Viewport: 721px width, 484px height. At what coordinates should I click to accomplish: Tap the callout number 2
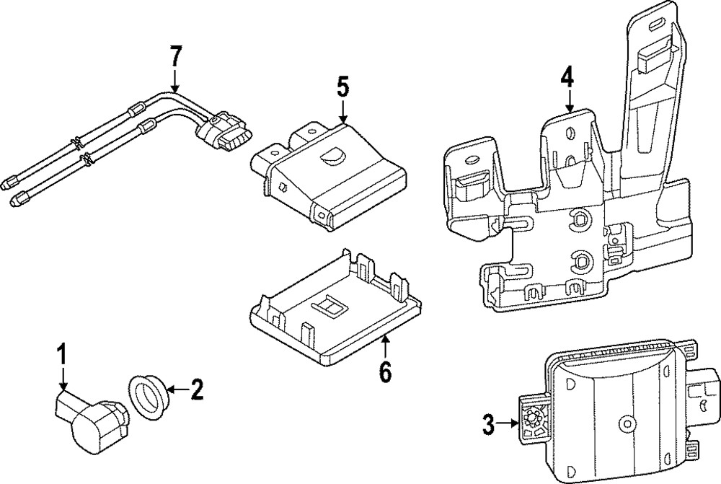[x=195, y=391]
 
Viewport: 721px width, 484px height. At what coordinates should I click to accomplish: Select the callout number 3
[x=489, y=424]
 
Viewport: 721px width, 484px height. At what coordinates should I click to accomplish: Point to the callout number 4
[x=568, y=76]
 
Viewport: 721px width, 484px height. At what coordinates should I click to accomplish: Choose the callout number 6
[x=385, y=372]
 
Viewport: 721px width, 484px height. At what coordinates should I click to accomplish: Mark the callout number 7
[x=176, y=56]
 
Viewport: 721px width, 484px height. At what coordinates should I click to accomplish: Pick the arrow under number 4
[x=569, y=100]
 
